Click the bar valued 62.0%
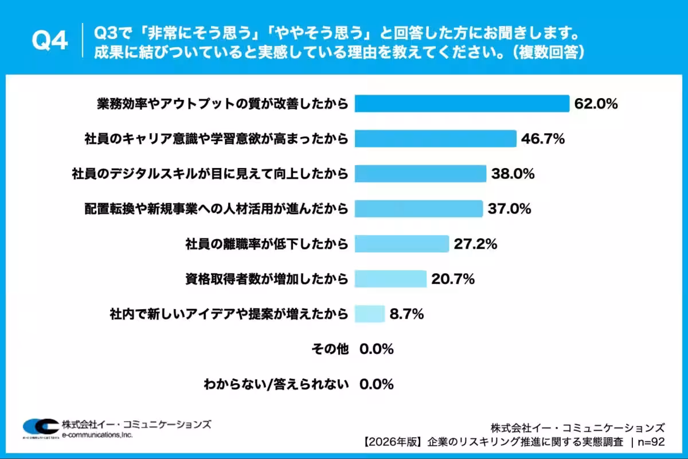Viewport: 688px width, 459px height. (x=462, y=103)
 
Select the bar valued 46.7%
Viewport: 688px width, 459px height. (x=436, y=138)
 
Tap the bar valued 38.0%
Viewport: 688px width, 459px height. (x=420, y=173)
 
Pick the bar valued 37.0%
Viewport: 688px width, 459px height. (x=419, y=209)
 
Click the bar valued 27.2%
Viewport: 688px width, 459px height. (x=401, y=244)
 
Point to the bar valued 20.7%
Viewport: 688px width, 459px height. (x=390, y=279)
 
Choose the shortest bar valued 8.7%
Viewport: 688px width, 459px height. (x=369, y=314)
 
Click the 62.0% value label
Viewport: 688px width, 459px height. (x=596, y=104)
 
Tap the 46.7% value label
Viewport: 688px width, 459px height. (x=543, y=139)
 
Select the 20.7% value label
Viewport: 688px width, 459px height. (x=453, y=279)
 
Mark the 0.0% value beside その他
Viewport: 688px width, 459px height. (x=377, y=349)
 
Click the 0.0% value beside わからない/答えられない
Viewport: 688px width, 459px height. (x=377, y=384)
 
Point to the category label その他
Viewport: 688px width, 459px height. (x=329, y=349)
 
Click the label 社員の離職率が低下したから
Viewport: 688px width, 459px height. (x=267, y=244)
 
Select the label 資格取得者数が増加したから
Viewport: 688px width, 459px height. (x=267, y=279)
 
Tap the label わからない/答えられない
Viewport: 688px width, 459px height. (x=276, y=384)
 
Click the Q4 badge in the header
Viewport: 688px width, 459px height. (x=49, y=41)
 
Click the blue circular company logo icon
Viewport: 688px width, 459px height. (x=40, y=427)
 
